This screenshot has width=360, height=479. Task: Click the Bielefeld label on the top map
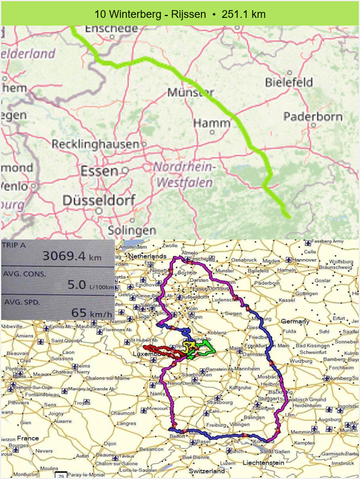tap(289, 82)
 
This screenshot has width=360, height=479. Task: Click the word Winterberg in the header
tap(132, 14)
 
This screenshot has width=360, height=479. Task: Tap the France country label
tap(27, 438)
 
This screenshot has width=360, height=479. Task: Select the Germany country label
tap(296, 321)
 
